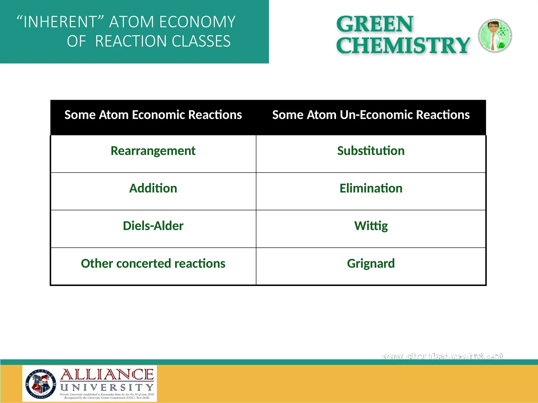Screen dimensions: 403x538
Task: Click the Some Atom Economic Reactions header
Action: click(x=153, y=115)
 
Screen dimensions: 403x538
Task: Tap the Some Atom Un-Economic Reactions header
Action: click(x=371, y=115)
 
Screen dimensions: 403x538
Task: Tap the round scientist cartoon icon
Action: click(x=495, y=36)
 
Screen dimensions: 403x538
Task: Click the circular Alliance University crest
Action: click(x=41, y=384)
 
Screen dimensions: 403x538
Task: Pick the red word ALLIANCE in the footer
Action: click(x=107, y=375)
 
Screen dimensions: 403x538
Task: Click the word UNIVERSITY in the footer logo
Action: click(x=107, y=388)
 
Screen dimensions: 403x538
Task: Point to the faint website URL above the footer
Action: click(x=442, y=356)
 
